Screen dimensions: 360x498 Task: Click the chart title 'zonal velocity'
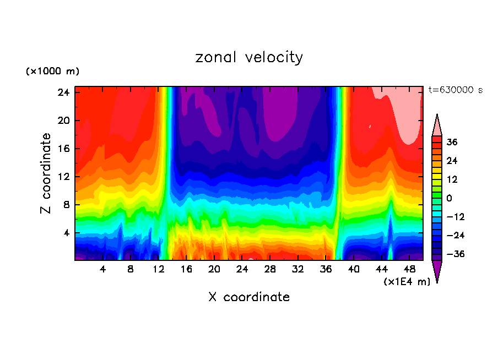click(x=249, y=57)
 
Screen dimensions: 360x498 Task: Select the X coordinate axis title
click(x=249, y=297)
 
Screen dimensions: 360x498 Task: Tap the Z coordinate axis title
click(x=46, y=173)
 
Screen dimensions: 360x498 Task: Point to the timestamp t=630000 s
click(x=455, y=90)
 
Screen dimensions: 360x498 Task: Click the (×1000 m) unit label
click(x=52, y=72)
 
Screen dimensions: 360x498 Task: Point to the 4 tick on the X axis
click(x=102, y=270)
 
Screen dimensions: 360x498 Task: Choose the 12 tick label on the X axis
click(x=159, y=270)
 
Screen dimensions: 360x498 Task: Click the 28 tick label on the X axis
click(x=270, y=270)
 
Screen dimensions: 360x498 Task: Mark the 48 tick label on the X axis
click(x=409, y=270)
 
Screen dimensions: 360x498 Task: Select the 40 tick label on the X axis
click(x=354, y=270)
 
